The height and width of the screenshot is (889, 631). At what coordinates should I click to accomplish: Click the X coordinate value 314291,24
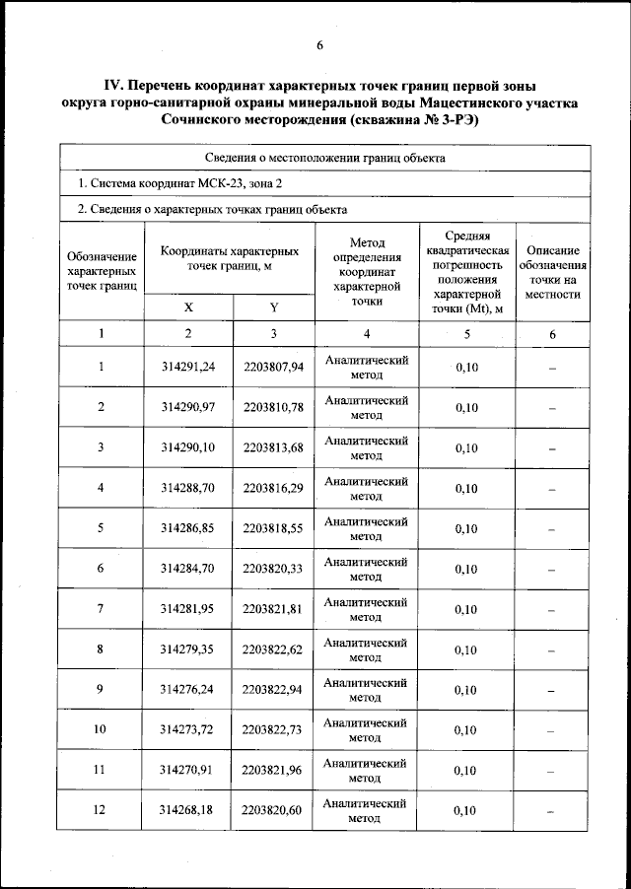click(187, 367)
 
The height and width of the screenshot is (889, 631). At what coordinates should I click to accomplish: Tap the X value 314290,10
click(187, 447)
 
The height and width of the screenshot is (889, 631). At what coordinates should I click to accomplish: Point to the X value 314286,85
click(187, 528)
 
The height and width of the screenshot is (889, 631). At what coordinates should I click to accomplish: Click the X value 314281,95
click(187, 609)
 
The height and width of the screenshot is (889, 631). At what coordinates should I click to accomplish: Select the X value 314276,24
click(187, 690)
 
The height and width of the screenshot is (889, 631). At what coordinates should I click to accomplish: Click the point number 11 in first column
click(101, 771)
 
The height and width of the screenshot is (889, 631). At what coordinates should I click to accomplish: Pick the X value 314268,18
click(187, 811)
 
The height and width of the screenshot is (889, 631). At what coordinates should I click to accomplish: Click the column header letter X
click(188, 308)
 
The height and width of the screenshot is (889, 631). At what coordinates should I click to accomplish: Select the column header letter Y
click(274, 308)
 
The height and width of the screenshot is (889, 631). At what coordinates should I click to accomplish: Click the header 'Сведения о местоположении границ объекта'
click(325, 158)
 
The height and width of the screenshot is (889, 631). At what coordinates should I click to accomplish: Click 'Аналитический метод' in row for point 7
click(366, 609)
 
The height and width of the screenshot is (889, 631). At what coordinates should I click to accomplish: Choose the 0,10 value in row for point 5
click(466, 528)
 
